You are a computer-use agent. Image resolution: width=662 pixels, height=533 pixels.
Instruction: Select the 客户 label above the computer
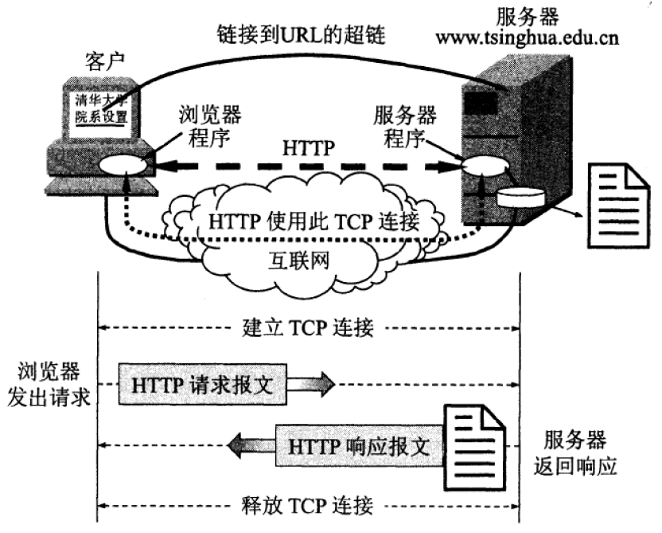(102, 61)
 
